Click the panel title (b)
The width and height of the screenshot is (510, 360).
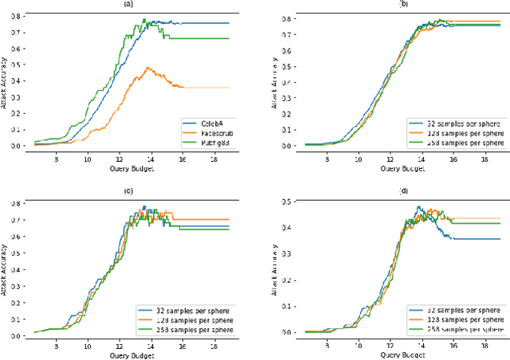390,6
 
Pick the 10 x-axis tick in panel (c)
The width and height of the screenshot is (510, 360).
88,348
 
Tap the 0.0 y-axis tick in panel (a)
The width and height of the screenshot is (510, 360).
14,146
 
